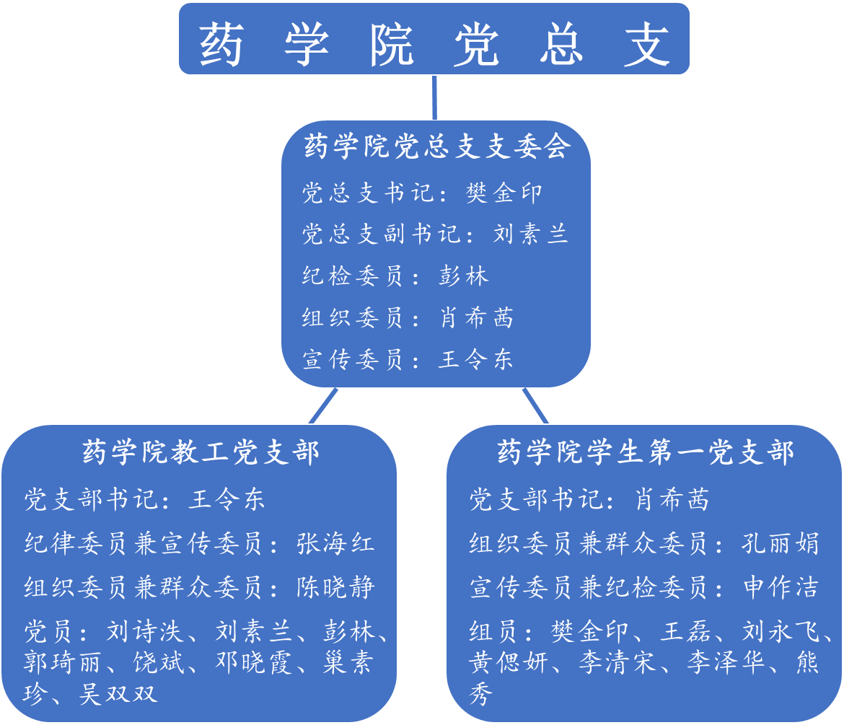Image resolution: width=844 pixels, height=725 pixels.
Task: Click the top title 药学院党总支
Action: pyautogui.click(x=434, y=43)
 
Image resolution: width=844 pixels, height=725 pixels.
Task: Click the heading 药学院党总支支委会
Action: pyautogui.click(x=436, y=147)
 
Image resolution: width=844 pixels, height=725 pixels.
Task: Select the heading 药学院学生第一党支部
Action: pyautogui.click(x=645, y=452)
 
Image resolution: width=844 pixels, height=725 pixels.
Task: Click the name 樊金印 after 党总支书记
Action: pyautogui.click(x=504, y=193)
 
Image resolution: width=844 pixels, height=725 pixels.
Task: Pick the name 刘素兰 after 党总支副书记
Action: pyautogui.click(x=531, y=234)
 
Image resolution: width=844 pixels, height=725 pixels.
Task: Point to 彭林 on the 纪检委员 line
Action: pyautogui.click(x=463, y=276)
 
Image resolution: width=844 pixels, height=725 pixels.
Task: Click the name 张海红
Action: pyautogui.click(x=335, y=543)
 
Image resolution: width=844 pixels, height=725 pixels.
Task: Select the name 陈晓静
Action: pyautogui.click(x=335, y=586)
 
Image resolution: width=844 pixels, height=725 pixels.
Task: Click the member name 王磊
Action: pyautogui.click(x=686, y=633)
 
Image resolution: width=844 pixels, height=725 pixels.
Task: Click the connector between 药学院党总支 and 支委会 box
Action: pyautogui.click(x=434, y=97)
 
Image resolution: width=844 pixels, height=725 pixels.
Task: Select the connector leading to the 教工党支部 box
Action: pyautogui.click(x=323, y=406)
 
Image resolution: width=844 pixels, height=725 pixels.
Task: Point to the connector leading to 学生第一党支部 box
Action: pyautogui.click(x=535, y=406)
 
